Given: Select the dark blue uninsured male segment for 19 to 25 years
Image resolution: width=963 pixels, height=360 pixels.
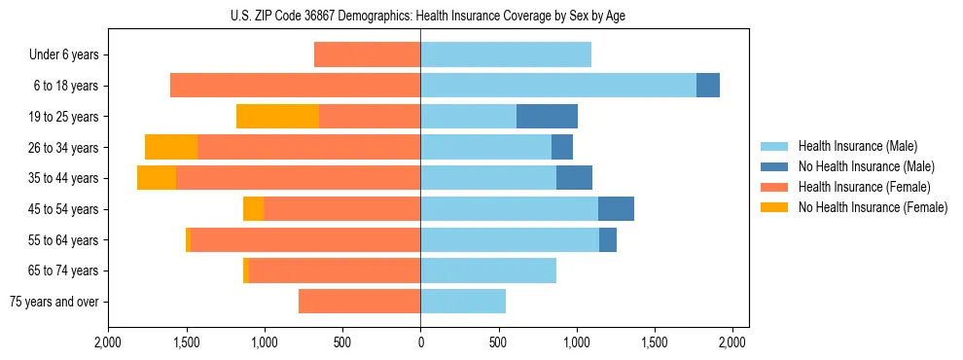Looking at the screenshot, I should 547,116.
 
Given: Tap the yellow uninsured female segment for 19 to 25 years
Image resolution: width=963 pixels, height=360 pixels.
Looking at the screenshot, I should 277,116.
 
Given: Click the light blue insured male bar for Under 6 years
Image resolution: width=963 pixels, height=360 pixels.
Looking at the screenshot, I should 506,54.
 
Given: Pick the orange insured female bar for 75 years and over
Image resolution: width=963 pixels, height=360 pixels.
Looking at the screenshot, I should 359,302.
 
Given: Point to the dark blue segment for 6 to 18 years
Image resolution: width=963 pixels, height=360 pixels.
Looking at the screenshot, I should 708,86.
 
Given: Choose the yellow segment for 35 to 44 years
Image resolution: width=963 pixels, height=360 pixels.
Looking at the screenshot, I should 157,178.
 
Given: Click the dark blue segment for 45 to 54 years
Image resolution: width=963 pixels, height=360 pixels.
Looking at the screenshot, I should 616,209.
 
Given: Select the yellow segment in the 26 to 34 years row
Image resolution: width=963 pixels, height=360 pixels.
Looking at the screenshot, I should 171,147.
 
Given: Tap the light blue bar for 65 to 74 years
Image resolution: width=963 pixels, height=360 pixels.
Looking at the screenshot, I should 488,270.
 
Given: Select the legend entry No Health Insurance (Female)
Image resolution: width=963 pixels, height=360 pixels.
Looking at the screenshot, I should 873,207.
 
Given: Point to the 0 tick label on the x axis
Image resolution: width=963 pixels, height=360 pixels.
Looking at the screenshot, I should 420,342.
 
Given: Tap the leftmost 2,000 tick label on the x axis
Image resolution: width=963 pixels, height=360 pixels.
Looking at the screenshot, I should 108,342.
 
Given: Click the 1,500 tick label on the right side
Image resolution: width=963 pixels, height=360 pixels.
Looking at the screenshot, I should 655,342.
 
